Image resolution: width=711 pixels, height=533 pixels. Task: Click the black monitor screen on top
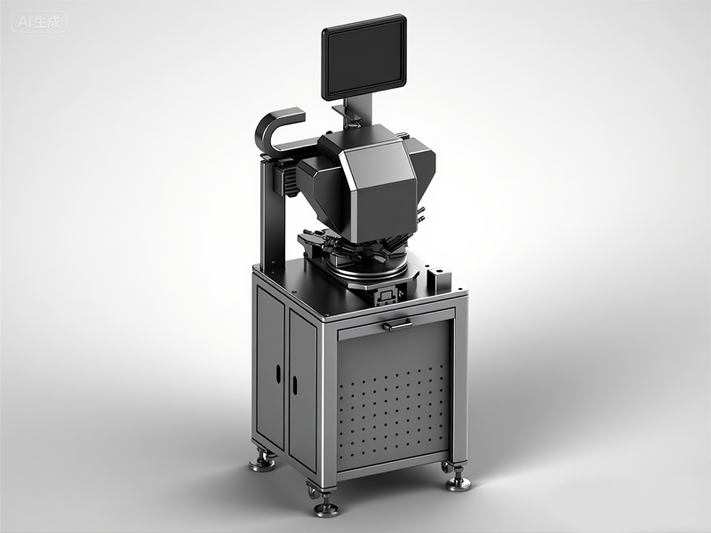[x=363, y=58]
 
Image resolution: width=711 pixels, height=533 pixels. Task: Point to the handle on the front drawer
[x=395, y=324]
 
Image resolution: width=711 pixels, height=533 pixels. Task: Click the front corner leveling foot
[x=325, y=507]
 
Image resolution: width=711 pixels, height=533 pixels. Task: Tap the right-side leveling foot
[x=458, y=481]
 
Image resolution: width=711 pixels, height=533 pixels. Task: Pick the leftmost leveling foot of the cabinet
[x=262, y=462]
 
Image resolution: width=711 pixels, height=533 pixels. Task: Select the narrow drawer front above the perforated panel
[x=395, y=320]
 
